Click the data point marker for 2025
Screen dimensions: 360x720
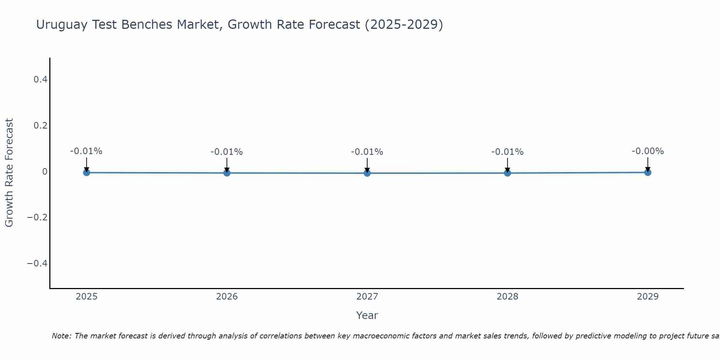[x=86, y=172]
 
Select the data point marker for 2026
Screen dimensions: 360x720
[x=227, y=173]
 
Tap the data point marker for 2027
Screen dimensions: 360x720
[x=367, y=173]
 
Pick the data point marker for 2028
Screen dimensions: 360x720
[x=507, y=173]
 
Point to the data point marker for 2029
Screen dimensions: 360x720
[x=648, y=172]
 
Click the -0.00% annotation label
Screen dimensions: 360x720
[x=648, y=151]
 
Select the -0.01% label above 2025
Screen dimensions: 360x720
[x=86, y=151]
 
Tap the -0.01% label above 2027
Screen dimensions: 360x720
[x=367, y=152]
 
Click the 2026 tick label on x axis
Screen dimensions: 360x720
[x=227, y=297]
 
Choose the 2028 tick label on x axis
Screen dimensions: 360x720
[x=507, y=297]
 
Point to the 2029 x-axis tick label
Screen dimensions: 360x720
[x=648, y=297]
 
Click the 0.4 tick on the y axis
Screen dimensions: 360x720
[x=40, y=79]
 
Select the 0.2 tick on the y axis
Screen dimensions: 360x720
[x=40, y=125]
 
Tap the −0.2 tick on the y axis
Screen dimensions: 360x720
[x=37, y=217]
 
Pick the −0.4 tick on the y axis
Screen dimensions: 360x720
[x=37, y=264]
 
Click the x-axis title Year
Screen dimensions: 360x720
[x=367, y=315]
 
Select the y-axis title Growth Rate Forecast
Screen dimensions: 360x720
[x=9, y=172]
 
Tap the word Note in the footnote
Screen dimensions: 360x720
[x=61, y=336]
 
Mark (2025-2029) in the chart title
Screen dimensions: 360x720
[x=404, y=24]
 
